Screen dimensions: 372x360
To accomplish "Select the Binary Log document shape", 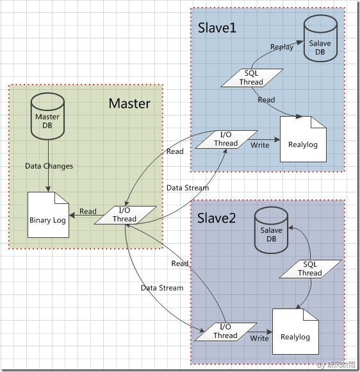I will click(x=48, y=216).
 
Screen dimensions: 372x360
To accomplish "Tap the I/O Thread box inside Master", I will click(x=125, y=215).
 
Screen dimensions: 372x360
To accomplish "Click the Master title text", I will click(x=129, y=103).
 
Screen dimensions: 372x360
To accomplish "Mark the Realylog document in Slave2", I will click(x=295, y=332).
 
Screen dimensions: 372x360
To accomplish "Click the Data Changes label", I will click(x=49, y=166).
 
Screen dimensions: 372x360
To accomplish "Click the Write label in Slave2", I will click(x=259, y=338).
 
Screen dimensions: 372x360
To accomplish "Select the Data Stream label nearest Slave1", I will click(x=188, y=188).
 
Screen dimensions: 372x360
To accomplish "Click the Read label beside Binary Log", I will click(x=88, y=212).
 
